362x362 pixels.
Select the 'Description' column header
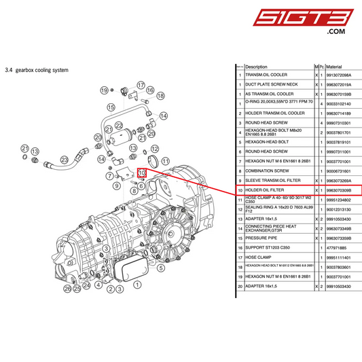pos(257,67)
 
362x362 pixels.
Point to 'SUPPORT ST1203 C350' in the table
pos(269,249)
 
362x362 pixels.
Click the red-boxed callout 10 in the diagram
pos(143,173)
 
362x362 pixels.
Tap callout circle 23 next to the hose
pos(65,160)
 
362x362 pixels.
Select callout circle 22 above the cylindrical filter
pos(118,126)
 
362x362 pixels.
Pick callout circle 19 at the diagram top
pos(104,90)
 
